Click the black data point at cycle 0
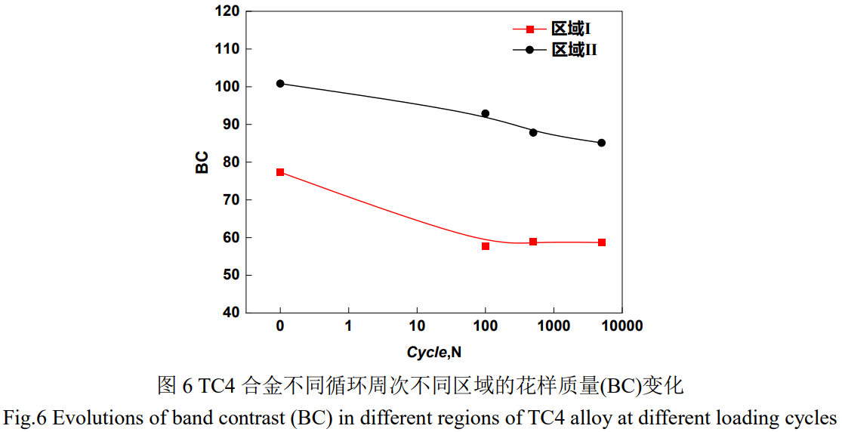(280, 84)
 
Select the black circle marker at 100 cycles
(486, 114)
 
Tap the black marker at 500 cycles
(533, 132)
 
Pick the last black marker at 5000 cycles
(602, 143)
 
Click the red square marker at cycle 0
(280, 172)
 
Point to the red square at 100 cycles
(486, 246)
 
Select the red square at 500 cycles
(533, 242)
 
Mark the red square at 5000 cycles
(602, 242)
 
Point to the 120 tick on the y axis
(227, 12)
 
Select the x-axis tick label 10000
(621, 326)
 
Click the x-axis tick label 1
(348, 326)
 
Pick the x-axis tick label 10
(416, 326)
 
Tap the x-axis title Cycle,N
(434, 352)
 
